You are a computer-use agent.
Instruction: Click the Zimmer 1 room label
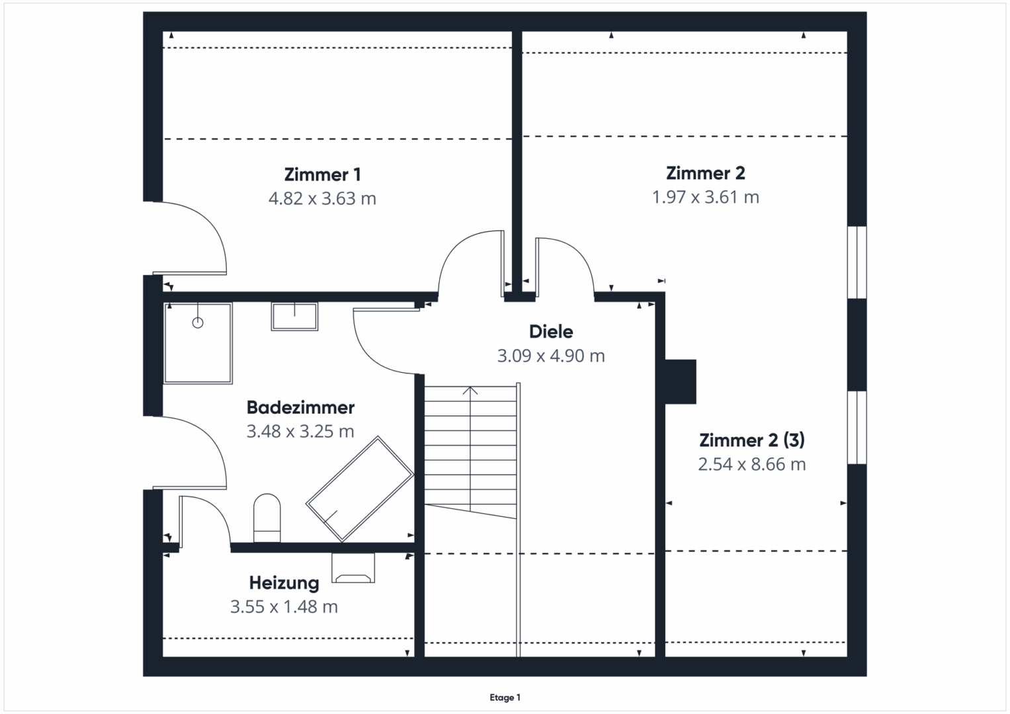322,175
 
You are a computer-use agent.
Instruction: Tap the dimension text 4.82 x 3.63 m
322,198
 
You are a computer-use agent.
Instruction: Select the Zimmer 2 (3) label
752,440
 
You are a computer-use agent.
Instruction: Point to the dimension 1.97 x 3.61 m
706,197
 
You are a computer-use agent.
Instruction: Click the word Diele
551,332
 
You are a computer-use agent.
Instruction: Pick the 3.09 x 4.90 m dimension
551,356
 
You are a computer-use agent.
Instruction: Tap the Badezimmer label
301,407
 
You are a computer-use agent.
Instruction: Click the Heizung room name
284,583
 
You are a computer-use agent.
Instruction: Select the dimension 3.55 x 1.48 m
284,607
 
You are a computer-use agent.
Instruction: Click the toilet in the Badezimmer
267,518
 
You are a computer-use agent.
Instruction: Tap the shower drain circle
198,323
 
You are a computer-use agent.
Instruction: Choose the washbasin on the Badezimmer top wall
294,317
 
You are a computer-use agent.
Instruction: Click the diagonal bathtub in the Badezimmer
360,489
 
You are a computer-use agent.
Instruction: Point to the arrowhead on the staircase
470,390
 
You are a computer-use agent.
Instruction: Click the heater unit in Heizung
353,568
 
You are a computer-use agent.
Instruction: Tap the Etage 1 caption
505,697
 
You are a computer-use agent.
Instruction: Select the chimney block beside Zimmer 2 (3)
681,381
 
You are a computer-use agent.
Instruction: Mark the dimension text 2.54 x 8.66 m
752,464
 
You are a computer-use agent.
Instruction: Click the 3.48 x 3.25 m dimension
300,431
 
